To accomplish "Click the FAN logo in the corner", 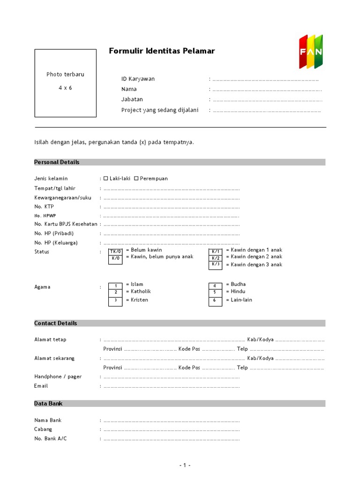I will [x=311, y=51].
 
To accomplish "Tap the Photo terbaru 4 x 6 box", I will [x=65, y=83].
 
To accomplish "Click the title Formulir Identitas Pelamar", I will [x=162, y=51].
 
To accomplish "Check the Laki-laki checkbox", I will [x=106, y=178].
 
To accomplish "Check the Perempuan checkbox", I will [x=136, y=178].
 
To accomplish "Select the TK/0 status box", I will [x=115, y=252].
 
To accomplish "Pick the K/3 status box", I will [x=216, y=264].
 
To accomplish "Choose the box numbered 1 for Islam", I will [x=115, y=285].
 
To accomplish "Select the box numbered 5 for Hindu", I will [x=215, y=292].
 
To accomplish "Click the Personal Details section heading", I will [x=57, y=162].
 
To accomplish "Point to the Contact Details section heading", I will [x=55, y=323].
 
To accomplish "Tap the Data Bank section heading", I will [x=48, y=404].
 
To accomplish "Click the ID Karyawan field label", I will [x=138, y=79].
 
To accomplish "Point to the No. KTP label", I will [x=45, y=206].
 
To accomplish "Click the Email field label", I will [x=41, y=386].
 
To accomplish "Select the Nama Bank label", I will [x=48, y=420].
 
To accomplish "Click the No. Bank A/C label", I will [x=51, y=438].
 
